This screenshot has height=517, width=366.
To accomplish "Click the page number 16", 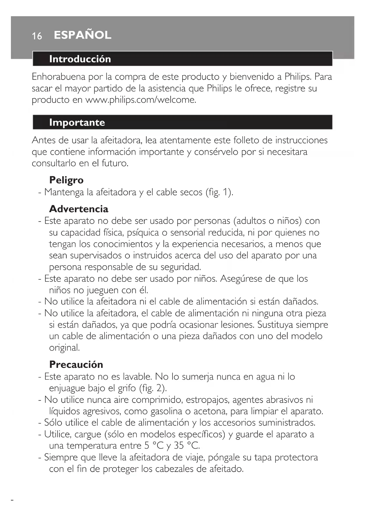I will pyautogui.click(x=37, y=36).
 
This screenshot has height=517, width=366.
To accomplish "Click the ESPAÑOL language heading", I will pyautogui.click(x=83, y=35).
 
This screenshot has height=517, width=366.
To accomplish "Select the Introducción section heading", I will pyautogui.click(x=80, y=59).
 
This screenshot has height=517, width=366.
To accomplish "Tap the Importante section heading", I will pyautogui.click(x=77, y=122).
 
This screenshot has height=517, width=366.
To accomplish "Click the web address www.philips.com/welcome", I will pyautogui.click(x=140, y=100).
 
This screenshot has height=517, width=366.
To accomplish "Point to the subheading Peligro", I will pyautogui.click(x=66, y=180).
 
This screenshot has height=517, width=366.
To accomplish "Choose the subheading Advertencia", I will pyautogui.click(x=79, y=209).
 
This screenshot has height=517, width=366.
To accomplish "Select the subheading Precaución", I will pyautogui.click(x=76, y=365).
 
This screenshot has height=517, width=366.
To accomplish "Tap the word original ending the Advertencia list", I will pyautogui.click(x=64, y=348).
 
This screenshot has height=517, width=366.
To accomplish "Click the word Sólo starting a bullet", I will pyautogui.click(x=53, y=422).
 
